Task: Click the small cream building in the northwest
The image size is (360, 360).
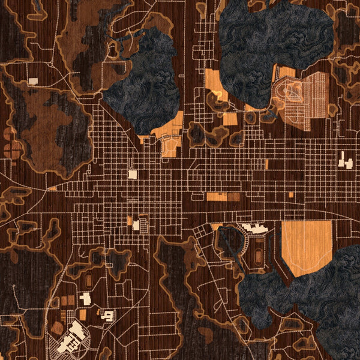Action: click(33, 80)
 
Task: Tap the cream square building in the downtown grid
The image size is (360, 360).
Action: click(132, 174)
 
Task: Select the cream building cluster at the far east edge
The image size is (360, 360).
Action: click(344, 160)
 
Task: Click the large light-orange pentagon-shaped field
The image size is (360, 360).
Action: click(306, 246)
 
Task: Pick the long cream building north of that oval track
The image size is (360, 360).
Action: click(256, 228)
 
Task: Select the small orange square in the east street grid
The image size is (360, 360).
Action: click(291, 194)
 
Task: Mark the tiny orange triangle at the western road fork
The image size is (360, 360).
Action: click(53, 188)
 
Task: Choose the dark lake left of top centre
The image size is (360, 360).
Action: click(144, 84)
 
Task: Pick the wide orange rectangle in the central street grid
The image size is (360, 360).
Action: click(217, 196)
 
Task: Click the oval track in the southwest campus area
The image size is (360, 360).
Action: click(89, 280)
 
